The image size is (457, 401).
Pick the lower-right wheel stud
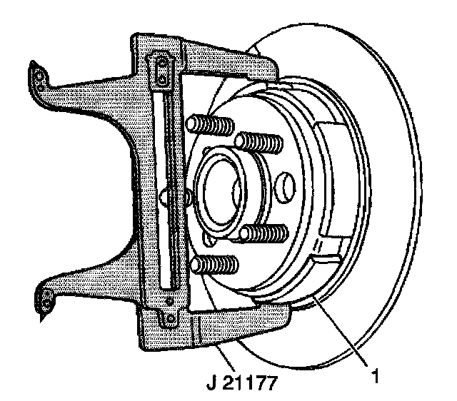point(264,233)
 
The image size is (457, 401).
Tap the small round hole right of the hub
point(284,186)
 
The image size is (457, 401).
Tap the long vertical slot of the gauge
point(166,193)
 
